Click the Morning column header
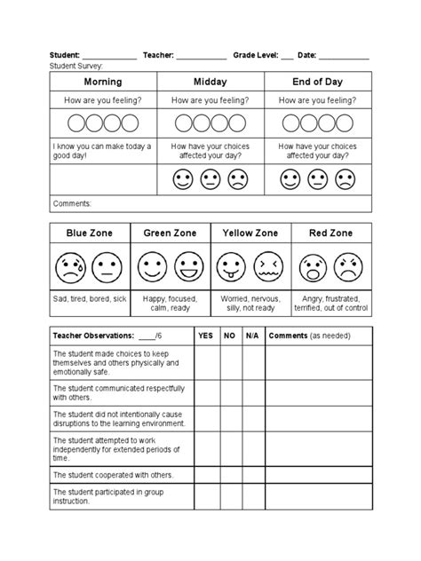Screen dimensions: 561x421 [103, 82]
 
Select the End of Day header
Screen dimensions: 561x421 [317, 82]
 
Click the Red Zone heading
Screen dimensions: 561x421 [331, 233]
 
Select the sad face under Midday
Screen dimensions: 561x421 [237, 180]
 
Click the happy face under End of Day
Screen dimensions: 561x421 [291, 180]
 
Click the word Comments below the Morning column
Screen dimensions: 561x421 [73, 203]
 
